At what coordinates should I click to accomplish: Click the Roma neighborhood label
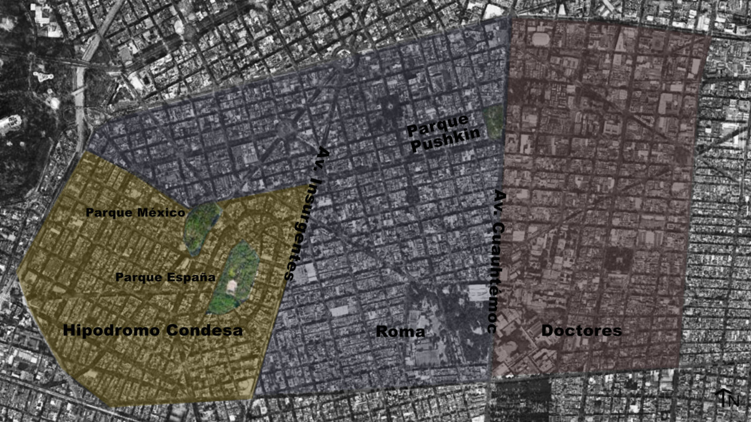[x=400, y=331]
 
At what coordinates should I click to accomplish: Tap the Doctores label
[x=581, y=330]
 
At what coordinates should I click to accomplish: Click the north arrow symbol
[x=722, y=397]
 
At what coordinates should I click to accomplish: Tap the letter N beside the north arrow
[x=734, y=401]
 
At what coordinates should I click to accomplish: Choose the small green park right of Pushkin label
[x=493, y=120]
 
